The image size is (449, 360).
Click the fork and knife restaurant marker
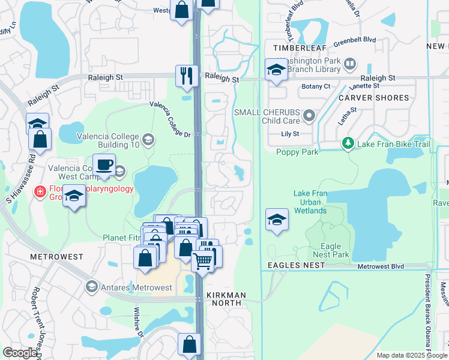click(x=187, y=76)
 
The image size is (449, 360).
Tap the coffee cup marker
click(x=104, y=164)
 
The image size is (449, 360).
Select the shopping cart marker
click(x=203, y=260)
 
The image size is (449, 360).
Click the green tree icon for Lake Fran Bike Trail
click(x=348, y=143)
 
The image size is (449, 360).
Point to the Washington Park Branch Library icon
click(x=349, y=62)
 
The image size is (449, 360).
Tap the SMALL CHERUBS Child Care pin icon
click(x=309, y=115)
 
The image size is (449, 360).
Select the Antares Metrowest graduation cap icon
click(x=91, y=287)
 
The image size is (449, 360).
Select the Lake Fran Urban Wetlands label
click(x=310, y=202)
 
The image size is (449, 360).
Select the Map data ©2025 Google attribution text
click(x=411, y=355)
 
